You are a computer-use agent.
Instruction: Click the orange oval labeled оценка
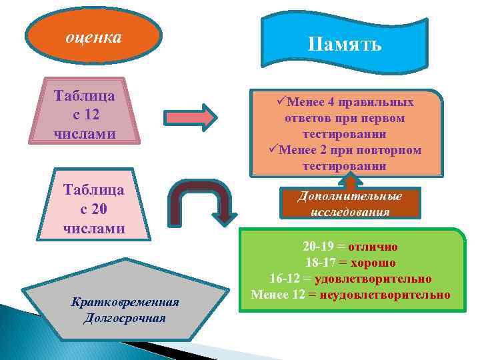coord(93,37)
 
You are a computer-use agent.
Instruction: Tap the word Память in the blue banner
coord(345,45)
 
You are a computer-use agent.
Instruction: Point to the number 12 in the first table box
coord(99,114)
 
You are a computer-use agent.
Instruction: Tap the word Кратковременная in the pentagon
coord(125,302)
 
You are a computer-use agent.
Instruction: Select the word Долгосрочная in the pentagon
coord(125,317)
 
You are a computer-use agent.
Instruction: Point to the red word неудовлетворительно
coord(385,294)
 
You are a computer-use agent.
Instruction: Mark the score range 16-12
coord(286,279)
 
